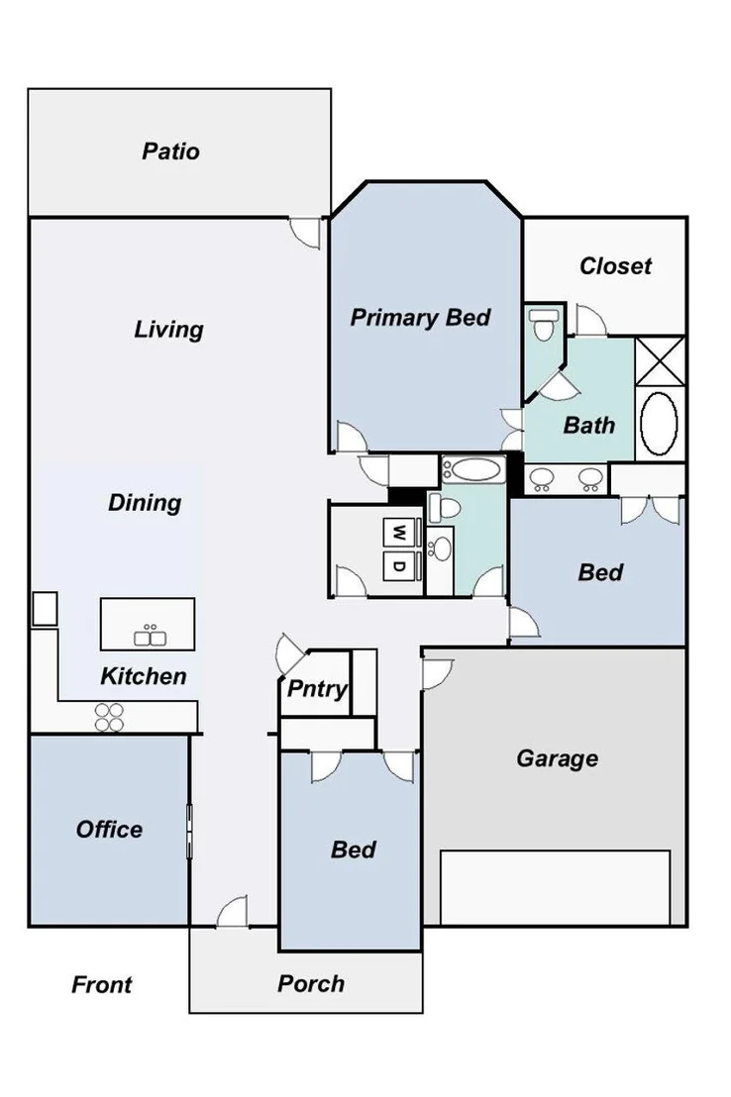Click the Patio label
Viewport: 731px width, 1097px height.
click(170, 151)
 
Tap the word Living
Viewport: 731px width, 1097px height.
click(168, 330)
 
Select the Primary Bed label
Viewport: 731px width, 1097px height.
click(420, 318)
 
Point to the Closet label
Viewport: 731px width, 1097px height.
click(615, 266)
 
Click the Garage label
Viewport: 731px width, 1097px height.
click(558, 759)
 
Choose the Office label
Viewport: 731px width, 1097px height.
click(109, 830)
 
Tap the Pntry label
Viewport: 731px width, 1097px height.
click(317, 689)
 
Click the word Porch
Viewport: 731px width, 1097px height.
click(311, 984)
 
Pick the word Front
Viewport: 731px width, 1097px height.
click(101, 985)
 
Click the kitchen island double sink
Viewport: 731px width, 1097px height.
click(150, 636)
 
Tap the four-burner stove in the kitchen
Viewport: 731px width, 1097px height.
click(109, 718)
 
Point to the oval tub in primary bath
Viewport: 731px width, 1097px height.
click(659, 424)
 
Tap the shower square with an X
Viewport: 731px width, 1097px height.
click(660, 360)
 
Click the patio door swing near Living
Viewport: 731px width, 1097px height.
click(306, 233)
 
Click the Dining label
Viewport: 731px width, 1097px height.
click(145, 502)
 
